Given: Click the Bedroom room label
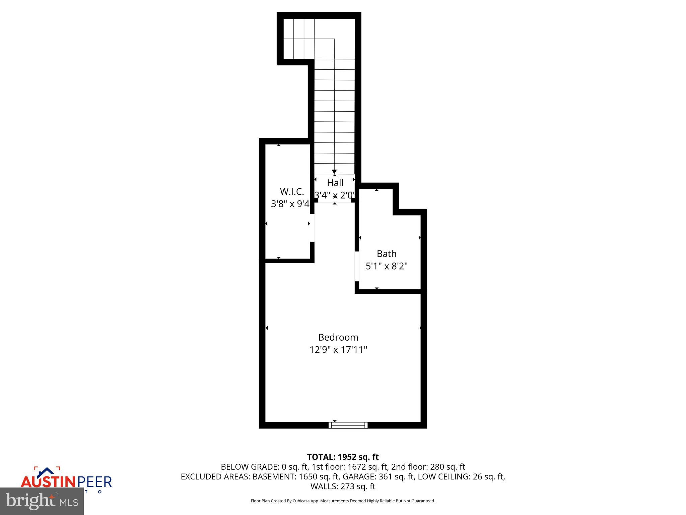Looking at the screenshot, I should coord(338,337).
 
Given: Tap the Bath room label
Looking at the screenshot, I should coord(387,253).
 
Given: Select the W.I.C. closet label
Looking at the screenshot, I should coord(292,191).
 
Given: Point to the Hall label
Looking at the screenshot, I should coord(335,183).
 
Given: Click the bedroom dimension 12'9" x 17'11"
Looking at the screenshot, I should coord(338,350).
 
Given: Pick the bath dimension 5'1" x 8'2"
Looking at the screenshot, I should coord(387,266).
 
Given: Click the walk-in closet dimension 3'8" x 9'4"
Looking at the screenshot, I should coord(290,204).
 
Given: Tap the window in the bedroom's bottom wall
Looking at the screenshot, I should coord(348,425).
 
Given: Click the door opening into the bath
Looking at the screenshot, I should coord(357,266).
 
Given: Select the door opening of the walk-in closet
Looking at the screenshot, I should coord(312,228).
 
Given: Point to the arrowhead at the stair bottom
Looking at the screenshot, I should coord(334,172).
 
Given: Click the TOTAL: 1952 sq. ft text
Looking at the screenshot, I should coord(343,457).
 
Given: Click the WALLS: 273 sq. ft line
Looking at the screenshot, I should coord(343,486).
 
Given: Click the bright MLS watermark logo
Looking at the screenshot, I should coord(42,501).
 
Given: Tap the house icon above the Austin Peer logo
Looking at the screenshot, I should coord(47,472).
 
